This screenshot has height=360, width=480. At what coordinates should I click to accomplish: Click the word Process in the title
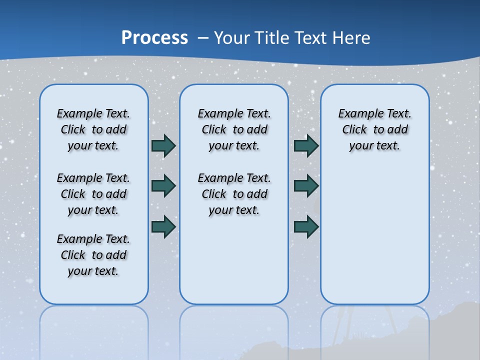[x=154, y=38]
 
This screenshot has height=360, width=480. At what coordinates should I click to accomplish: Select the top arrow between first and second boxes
[x=163, y=145]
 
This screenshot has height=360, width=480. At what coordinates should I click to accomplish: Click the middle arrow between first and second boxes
[x=163, y=186]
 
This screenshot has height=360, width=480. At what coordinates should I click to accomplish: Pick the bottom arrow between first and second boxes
[x=163, y=226]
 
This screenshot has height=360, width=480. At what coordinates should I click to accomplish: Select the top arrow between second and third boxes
[x=306, y=145]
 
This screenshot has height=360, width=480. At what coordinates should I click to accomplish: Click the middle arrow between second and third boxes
[x=306, y=186]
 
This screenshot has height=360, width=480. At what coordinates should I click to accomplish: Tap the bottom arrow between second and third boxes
[x=306, y=226]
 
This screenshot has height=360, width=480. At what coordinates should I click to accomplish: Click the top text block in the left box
[x=93, y=129]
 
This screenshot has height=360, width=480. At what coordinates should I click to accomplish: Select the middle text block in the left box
[x=93, y=194]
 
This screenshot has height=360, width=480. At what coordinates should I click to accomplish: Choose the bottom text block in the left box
[x=93, y=255]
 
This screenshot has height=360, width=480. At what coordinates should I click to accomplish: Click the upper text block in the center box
[x=234, y=129]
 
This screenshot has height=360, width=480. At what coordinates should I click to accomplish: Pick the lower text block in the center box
[x=234, y=194]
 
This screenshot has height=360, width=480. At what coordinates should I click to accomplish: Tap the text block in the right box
[x=375, y=129]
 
